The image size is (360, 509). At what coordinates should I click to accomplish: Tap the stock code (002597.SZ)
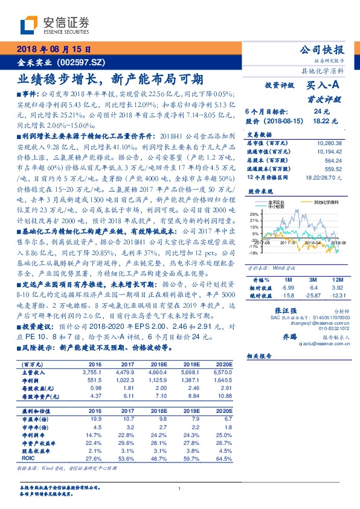81,62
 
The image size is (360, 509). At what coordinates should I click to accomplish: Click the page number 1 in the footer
180,489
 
